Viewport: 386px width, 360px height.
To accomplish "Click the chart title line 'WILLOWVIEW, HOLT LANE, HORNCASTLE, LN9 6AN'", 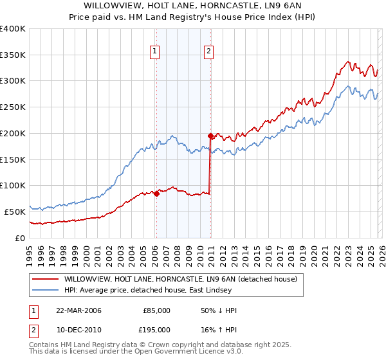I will coord(193,5).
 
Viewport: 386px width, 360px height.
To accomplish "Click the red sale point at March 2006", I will coord(156,193).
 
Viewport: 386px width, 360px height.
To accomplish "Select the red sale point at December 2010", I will coord(210,136).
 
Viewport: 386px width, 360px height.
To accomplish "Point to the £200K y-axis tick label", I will coord(13,133).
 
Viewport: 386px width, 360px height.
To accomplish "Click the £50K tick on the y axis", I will coord(15,212).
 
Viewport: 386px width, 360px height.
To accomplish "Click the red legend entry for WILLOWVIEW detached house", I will coord(180,279).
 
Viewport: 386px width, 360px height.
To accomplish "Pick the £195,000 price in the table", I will coord(156,330).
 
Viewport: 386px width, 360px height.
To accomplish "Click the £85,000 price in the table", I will coord(156,310).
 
